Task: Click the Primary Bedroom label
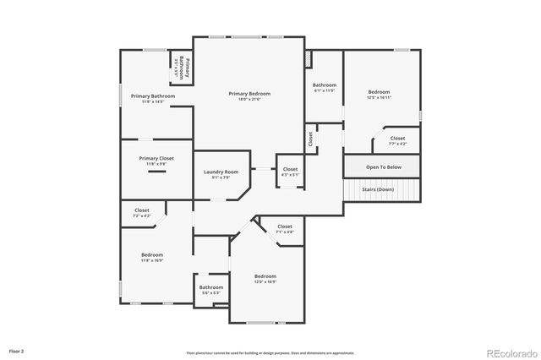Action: click(x=249, y=93)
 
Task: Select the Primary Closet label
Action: click(x=156, y=158)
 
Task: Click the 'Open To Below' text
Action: click(x=384, y=166)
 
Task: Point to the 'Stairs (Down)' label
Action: click(x=384, y=189)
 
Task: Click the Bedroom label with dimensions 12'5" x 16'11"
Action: click(x=379, y=91)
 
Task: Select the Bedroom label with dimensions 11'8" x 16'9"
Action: click(x=152, y=254)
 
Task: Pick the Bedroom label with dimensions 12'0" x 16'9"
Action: click(x=265, y=276)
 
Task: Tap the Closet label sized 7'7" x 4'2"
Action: click(x=397, y=138)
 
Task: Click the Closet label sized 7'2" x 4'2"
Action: click(x=142, y=210)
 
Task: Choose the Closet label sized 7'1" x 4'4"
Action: click(x=285, y=226)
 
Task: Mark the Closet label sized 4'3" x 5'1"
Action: click(x=290, y=169)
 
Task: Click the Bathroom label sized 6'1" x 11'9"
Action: click(x=325, y=85)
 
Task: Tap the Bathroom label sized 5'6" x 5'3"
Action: click(x=210, y=287)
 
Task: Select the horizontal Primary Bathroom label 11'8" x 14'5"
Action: click(x=152, y=96)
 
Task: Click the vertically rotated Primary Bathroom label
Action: click(x=182, y=67)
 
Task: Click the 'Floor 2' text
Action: click(x=17, y=349)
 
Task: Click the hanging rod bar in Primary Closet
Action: click(x=156, y=172)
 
